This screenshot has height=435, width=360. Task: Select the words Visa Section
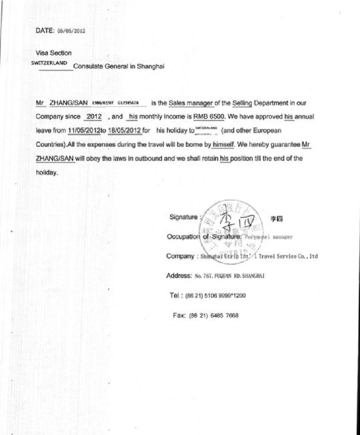pos(54,53)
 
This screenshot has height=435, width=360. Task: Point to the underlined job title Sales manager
pos(191,103)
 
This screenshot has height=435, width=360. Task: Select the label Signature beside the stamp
pos(183,216)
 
